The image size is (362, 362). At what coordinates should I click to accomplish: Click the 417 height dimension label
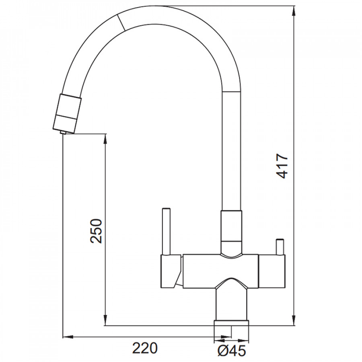(x=282, y=166)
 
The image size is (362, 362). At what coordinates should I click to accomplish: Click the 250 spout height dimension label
(x=96, y=231)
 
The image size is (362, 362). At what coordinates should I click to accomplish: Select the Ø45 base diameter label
(x=232, y=351)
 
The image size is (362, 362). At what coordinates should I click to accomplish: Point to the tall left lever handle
(x=167, y=231)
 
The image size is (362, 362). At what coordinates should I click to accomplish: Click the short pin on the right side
(x=280, y=247)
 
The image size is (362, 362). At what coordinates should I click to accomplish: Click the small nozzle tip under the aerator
(x=63, y=132)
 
